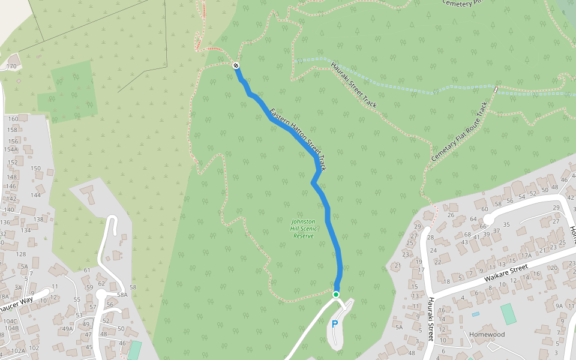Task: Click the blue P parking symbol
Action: coord(335,324)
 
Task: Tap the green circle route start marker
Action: coord(336,294)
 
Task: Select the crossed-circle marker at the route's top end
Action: coord(236,65)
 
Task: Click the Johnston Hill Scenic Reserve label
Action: coord(304,228)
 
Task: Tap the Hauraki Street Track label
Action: coord(354,83)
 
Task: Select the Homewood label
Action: coord(487,335)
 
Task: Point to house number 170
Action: coord(11,66)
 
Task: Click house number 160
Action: coord(13,119)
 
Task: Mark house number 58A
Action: coord(122,295)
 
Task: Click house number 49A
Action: coord(67,328)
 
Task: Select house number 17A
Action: coord(526,256)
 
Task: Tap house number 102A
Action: coord(18,350)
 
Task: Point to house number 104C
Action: coord(10,321)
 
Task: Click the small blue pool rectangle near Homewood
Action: coord(476,314)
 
